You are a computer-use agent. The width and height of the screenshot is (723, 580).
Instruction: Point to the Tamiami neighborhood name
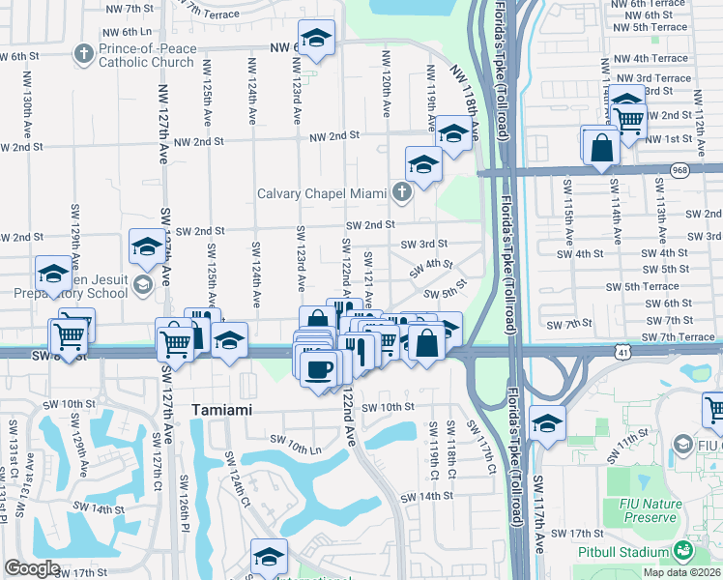point(221,410)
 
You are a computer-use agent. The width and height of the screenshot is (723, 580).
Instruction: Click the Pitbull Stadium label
point(628,552)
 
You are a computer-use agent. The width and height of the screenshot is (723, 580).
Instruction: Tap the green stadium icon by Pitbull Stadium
point(684,551)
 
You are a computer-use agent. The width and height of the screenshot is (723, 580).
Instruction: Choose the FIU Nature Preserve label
point(644,509)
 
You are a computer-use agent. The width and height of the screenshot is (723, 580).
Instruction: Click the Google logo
point(31,568)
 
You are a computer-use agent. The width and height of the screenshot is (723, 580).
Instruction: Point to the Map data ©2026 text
point(681,572)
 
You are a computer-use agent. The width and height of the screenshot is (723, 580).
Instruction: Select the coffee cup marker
point(319,367)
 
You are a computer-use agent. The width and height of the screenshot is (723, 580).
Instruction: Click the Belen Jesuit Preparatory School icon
point(143,283)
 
